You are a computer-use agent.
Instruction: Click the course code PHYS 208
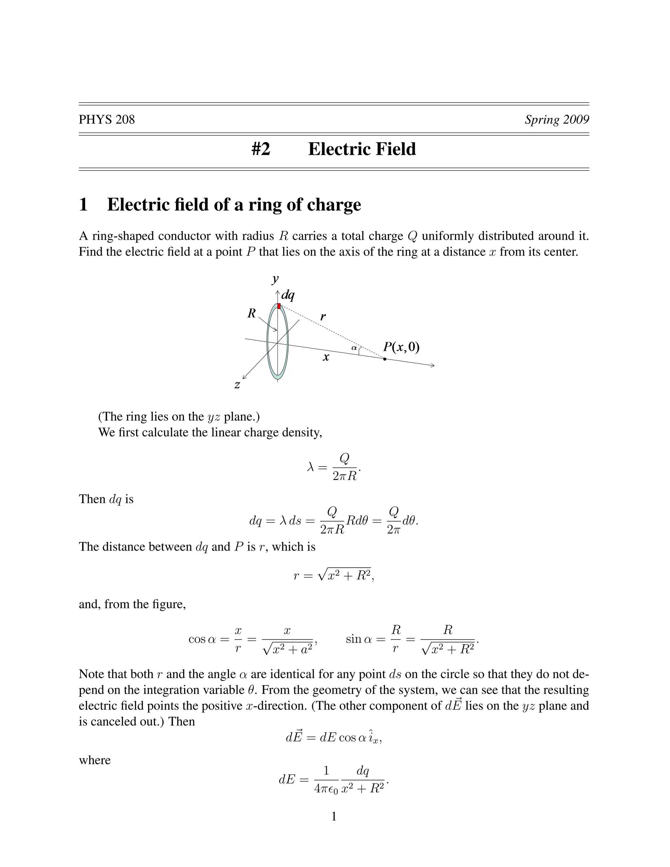106,119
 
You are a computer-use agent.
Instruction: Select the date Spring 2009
556,119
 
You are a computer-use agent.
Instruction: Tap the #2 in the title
261,149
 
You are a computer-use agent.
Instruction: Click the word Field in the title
395,149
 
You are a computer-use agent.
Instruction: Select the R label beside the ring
252,314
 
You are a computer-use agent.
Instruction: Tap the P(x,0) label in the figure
401,347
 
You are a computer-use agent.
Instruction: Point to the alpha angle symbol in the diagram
354,348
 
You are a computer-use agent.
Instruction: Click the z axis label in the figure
237,385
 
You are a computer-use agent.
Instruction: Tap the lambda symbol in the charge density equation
311,467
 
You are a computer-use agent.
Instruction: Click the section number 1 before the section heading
83,205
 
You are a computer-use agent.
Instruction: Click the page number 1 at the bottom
334,816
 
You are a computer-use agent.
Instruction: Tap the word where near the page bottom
95,760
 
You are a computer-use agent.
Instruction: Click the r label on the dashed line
323,317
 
